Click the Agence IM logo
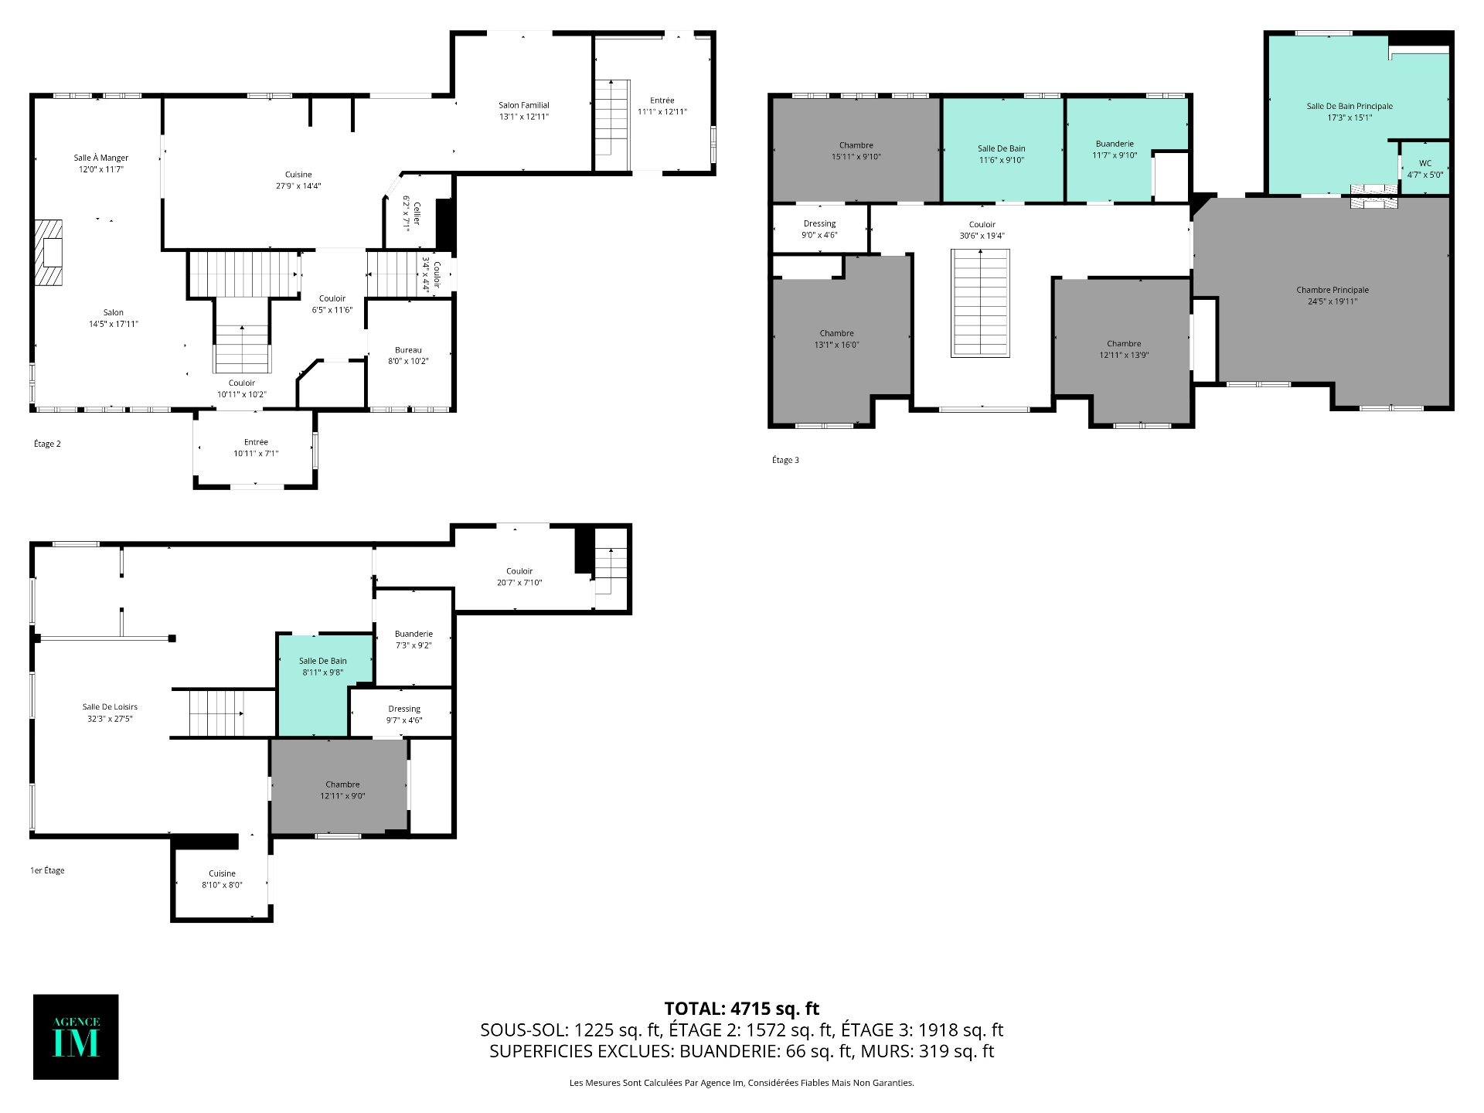click(76, 1036)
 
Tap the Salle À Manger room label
click(100, 163)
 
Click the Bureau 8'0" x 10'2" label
click(408, 356)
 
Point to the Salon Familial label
click(523, 111)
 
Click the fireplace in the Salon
click(49, 253)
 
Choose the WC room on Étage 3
click(1424, 168)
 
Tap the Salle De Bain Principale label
click(1350, 112)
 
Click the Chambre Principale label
click(1333, 296)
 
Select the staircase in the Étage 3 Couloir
click(980, 303)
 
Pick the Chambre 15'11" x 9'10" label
click(856, 151)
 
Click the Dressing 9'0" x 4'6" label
click(819, 230)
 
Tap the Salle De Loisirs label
click(110, 713)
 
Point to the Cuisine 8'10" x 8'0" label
click(222, 880)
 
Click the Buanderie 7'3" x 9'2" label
click(414, 640)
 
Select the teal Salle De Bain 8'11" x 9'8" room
click(324, 684)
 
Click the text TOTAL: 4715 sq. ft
click(742, 1009)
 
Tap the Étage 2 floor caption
click(47, 444)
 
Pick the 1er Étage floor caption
click(47, 870)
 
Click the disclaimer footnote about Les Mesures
click(742, 1083)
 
